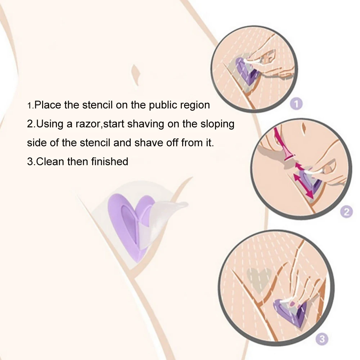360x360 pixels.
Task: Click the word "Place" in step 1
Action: tap(48, 105)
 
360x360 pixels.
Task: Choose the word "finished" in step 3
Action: tap(109, 162)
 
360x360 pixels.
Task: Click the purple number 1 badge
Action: tap(296, 104)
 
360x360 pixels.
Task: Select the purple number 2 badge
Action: tap(346, 211)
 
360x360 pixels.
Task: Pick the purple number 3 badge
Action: tap(322, 339)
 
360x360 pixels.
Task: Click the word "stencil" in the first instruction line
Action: tap(97, 105)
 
